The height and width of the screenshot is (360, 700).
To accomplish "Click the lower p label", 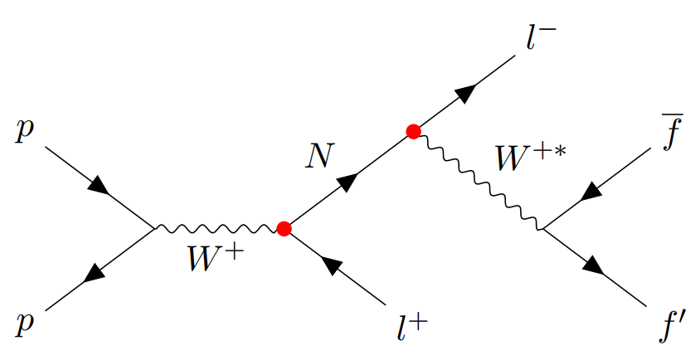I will tap(22, 321).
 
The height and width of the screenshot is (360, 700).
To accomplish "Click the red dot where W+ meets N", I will tap(284, 227).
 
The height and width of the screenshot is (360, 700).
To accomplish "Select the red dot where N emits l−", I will tap(413, 131).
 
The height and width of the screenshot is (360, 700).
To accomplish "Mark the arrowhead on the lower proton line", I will tap(97, 271).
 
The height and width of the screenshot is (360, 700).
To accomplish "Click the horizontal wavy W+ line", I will tap(218, 227).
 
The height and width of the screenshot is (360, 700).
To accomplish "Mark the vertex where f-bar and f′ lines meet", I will tap(542, 228).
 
